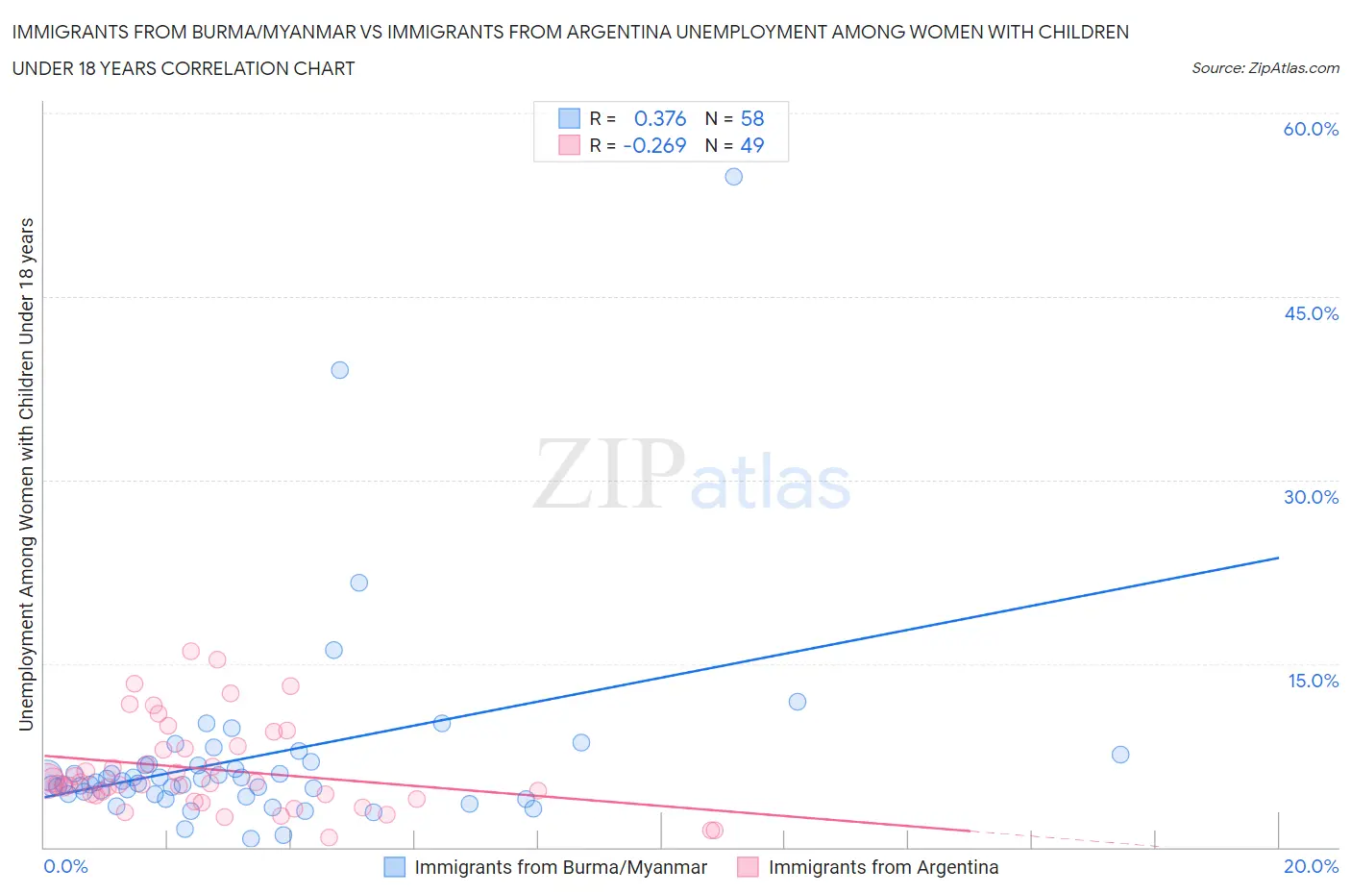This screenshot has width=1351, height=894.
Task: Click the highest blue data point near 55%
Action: (733, 177)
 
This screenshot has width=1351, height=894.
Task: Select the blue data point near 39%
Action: (339, 370)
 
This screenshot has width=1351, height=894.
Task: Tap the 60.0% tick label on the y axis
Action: (1311, 130)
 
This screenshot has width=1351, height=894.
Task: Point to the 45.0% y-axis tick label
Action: (1311, 313)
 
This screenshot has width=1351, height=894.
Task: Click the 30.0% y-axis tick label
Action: (1311, 497)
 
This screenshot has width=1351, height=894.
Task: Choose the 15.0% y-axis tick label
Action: (1313, 681)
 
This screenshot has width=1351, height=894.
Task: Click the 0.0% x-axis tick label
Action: (66, 867)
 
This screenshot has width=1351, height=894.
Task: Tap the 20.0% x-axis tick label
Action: (1311, 867)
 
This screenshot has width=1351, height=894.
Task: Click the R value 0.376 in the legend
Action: (660, 118)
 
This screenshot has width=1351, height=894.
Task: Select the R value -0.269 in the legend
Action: (654, 145)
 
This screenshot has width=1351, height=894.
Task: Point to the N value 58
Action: (752, 118)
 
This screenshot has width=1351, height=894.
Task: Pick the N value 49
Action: (752, 145)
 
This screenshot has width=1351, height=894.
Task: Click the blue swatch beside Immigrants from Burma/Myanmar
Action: (395, 867)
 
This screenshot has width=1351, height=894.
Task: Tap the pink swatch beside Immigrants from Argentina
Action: (748, 867)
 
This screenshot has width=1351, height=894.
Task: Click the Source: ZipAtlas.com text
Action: (1265, 68)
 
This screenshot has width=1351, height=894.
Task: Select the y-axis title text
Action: (26, 474)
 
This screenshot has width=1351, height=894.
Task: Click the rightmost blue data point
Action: (1119, 755)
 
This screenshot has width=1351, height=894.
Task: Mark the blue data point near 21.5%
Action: (358, 583)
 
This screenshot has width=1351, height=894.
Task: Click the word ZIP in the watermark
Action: (608, 474)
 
